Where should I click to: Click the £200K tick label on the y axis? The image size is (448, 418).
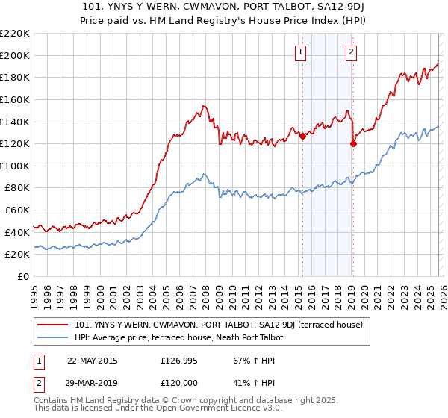pos(15,55)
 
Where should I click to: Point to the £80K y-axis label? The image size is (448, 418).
pos(17,188)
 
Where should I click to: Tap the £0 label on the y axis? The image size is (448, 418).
pos(24,277)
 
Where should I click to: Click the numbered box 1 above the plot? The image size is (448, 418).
pos(300,52)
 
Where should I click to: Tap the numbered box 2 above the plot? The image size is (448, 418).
pos(350,52)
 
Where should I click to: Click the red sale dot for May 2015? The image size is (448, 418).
pos(303,136)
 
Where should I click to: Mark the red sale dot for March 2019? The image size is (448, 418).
pos(353,144)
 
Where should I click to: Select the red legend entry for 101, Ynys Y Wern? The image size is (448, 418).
pos(219,325)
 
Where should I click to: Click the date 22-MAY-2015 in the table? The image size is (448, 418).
pos(92,361)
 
